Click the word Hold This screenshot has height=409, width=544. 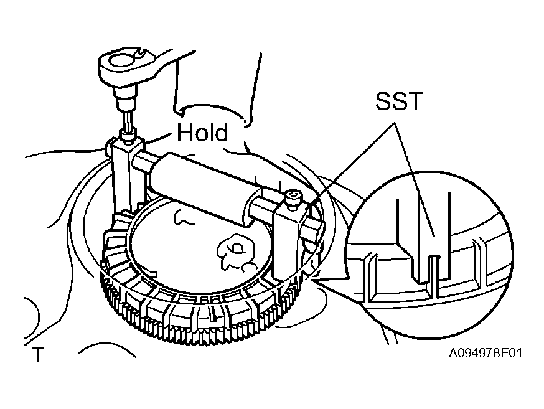[203, 132]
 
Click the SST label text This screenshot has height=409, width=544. [399, 101]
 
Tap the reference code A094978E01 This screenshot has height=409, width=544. [485, 353]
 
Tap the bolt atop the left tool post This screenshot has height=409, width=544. [127, 136]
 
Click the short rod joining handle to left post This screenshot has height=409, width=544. [143, 162]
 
